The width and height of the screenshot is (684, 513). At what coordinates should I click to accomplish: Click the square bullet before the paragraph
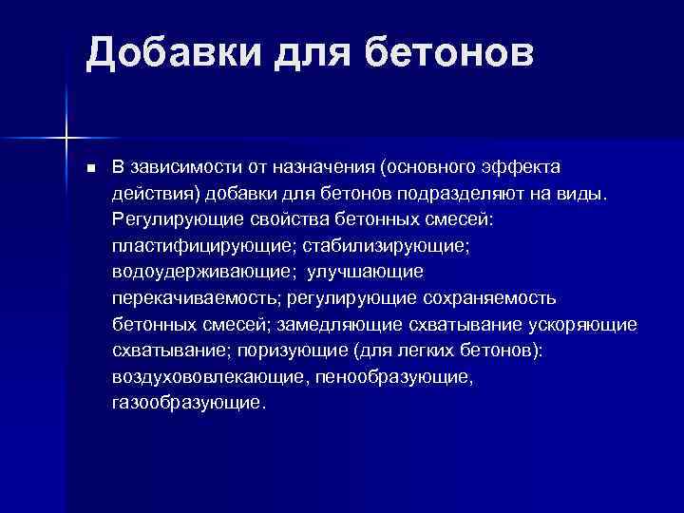click(x=91, y=169)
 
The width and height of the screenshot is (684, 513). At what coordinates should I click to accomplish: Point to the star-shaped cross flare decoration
click(x=66, y=139)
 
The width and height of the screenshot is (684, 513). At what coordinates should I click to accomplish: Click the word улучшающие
click(x=365, y=272)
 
